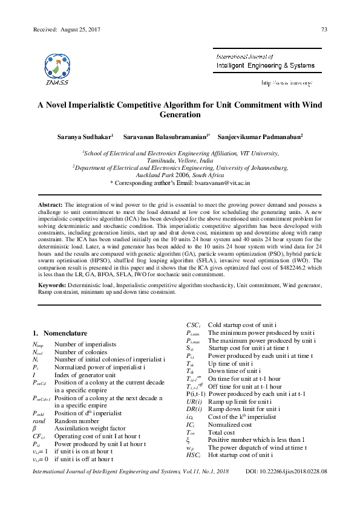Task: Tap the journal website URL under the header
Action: (x=286, y=82)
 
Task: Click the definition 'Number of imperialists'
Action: (x=85, y=343)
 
